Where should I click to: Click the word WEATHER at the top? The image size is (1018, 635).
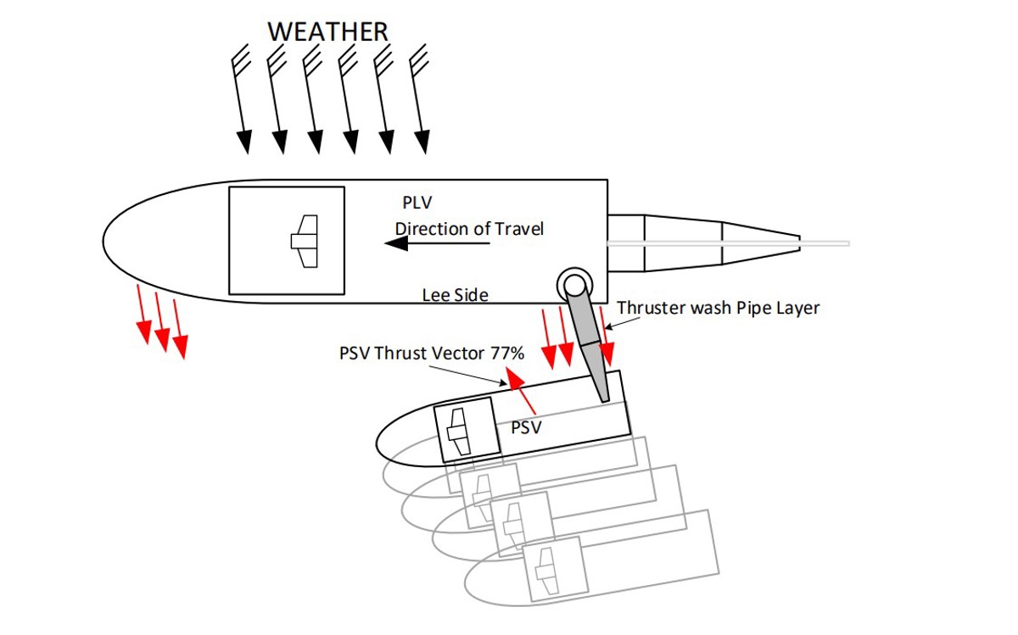pyautogui.click(x=327, y=31)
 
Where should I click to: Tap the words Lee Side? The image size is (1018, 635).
pyautogui.click(x=456, y=294)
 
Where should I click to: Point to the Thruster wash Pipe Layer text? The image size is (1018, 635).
pyautogui.click(x=719, y=308)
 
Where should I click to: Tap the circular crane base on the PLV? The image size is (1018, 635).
pyautogui.click(x=574, y=283)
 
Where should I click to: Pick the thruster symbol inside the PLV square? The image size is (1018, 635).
pyautogui.click(x=304, y=242)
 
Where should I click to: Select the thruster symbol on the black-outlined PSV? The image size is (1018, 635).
pyautogui.click(x=458, y=432)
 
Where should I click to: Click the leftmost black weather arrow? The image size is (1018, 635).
pyautogui.click(x=241, y=102)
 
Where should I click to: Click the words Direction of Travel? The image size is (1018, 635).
pyautogui.click(x=469, y=229)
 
